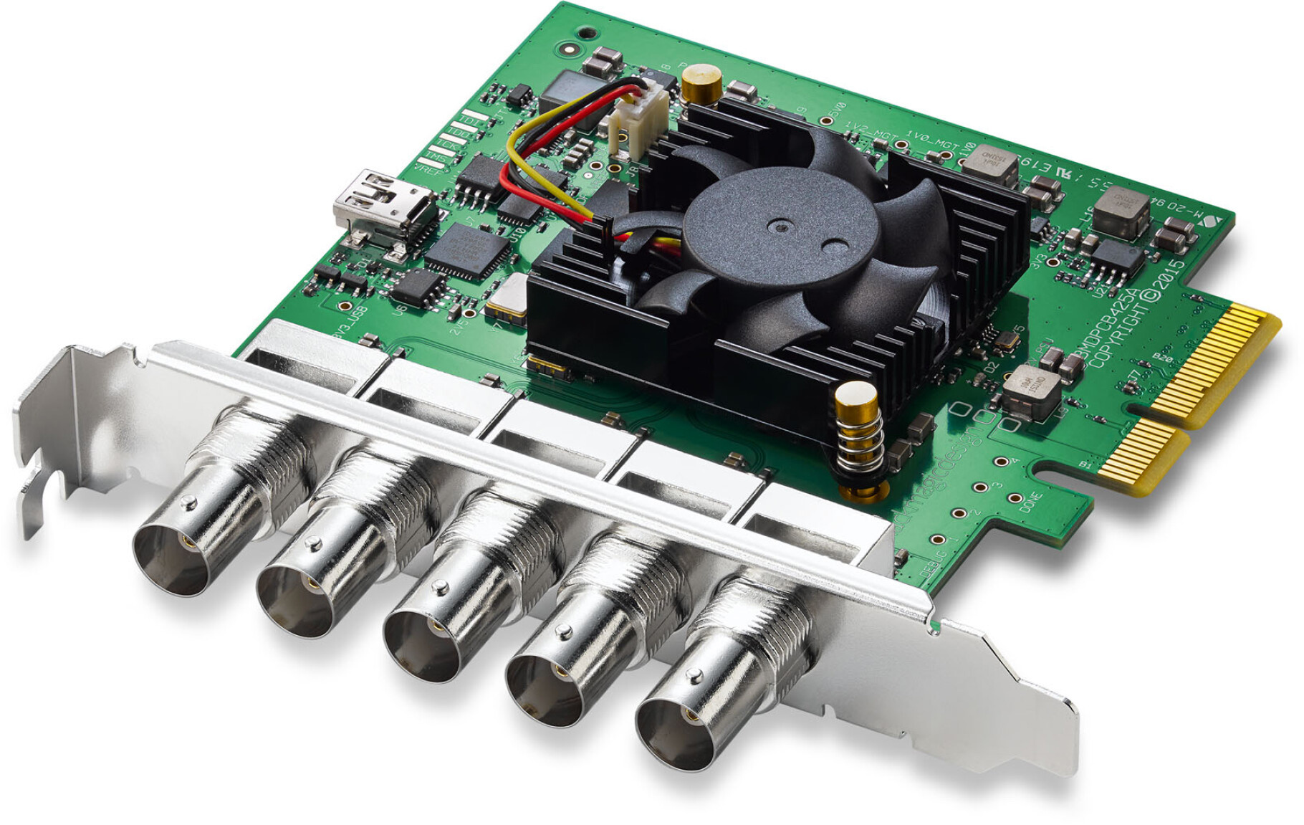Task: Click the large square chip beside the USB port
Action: (x=467, y=250)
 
